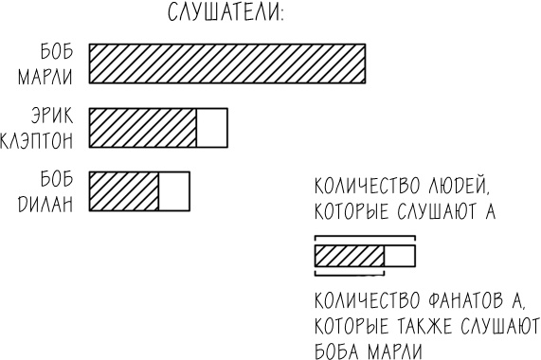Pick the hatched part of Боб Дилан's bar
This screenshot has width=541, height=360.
[x=123, y=189]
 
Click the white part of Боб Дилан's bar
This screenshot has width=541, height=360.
[x=173, y=189]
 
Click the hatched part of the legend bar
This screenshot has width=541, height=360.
[x=349, y=255]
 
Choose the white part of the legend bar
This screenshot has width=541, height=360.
[x=399, y=255]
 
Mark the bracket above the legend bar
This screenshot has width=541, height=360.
[x=365, y=236]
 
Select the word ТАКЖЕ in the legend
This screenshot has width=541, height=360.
[x=427, y=328]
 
